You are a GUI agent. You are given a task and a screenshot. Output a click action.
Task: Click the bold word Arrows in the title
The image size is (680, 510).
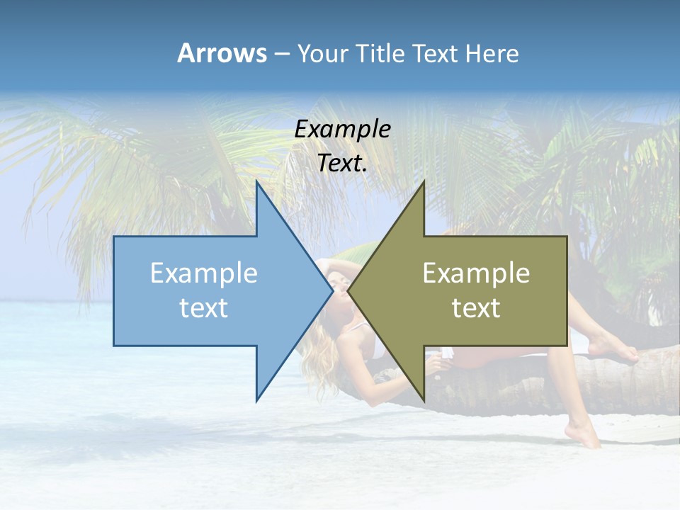pos(222,53)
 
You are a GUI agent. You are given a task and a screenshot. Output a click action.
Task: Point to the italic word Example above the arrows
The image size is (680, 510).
pos(342,130)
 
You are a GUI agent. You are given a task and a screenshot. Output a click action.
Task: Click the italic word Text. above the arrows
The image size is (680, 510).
pos(342,164)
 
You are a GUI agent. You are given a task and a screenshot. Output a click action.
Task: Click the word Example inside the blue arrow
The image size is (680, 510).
pos(204,273)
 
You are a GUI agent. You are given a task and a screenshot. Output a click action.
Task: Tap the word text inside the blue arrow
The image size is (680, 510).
pos(204,308)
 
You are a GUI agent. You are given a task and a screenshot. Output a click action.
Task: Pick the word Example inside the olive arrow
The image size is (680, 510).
pos(476,273)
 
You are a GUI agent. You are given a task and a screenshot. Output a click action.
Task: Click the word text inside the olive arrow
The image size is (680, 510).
pos(476,308)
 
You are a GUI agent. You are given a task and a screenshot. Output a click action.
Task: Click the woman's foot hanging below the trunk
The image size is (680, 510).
pos(585,433)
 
